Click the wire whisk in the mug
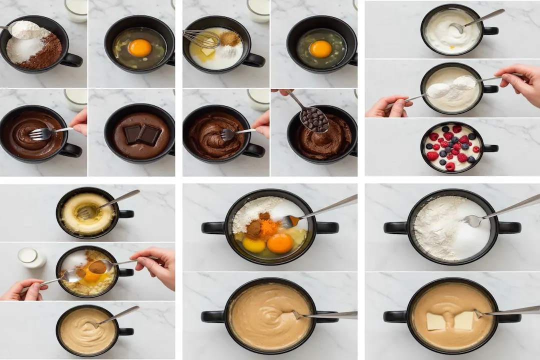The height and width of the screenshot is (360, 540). (x=200, y=38)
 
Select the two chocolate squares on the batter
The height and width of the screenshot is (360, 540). (x=142, y=134)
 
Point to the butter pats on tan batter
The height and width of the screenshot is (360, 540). (x=450, y=321)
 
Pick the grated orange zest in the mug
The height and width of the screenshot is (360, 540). (x=269, y=227)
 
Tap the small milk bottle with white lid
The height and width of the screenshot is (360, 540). (x=31, y=258)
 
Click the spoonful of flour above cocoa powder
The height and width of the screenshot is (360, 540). (x=25, y=29)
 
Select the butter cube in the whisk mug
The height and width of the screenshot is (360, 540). (x=207, y=52)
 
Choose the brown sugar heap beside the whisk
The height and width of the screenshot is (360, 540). (x=230, y=38)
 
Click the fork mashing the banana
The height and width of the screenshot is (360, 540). (x=87, y=212)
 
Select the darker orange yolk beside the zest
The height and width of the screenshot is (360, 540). (x=279, y=243)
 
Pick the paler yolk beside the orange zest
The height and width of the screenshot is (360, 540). (x=254, y=245)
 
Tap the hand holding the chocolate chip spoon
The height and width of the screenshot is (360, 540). (x=283, y=92)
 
